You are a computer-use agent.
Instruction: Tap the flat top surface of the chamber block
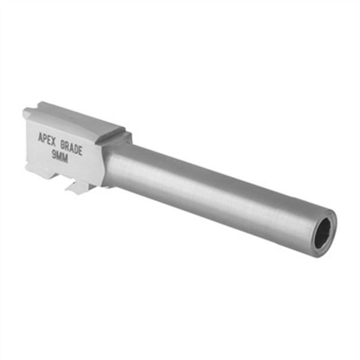pyautogui.click(x=81, y=118)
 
